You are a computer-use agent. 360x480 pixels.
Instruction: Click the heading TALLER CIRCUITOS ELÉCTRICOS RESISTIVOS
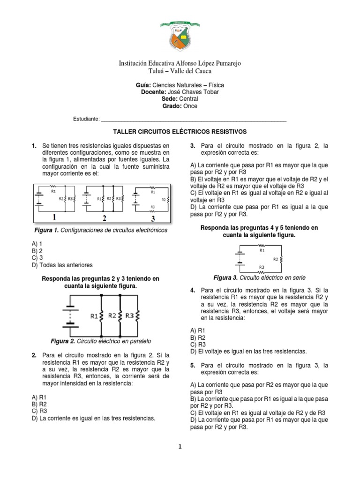pyautogui.click(x=180, y=132)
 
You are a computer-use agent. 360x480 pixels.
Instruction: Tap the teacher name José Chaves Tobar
pyautogui.click(x=193, y=92)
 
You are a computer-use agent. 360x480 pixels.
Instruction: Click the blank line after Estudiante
pyautogui.click(x=193, y=120)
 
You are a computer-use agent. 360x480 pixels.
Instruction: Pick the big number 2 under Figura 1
pyautogui.click(x=105, y=217)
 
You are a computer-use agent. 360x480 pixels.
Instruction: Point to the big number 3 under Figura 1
pyautogui.click(x=151, y=217)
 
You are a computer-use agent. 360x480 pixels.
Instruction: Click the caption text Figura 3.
pyautogui.click(x=225, y=277)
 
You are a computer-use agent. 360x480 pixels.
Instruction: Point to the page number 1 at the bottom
pyautogui.click(x=180, y=447)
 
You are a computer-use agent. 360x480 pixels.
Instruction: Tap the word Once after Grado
pyautogui.click(x=190, y=106)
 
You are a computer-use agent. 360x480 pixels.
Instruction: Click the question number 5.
pyautogui.click(x=193, y=365)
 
